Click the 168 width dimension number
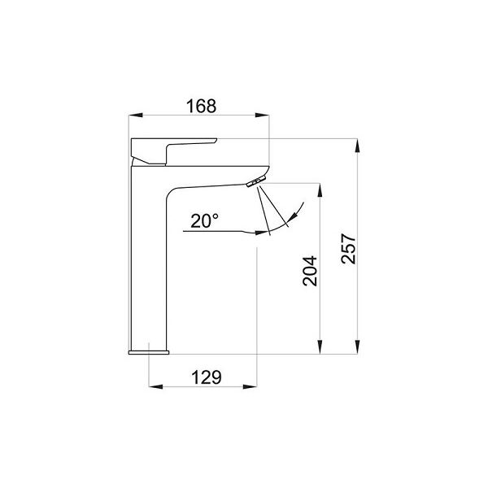tap(201, 106)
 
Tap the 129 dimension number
tap(206, 377)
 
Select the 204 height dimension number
tap(310, 271)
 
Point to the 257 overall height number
tap(348, 249)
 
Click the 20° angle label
tap(204, 220)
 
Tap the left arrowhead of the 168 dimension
tap(136, 115)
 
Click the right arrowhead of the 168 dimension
tap(262, 115)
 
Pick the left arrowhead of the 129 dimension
tap(156, 386)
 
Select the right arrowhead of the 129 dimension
tap(250, 386)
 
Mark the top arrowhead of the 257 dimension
tap(357, 146)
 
